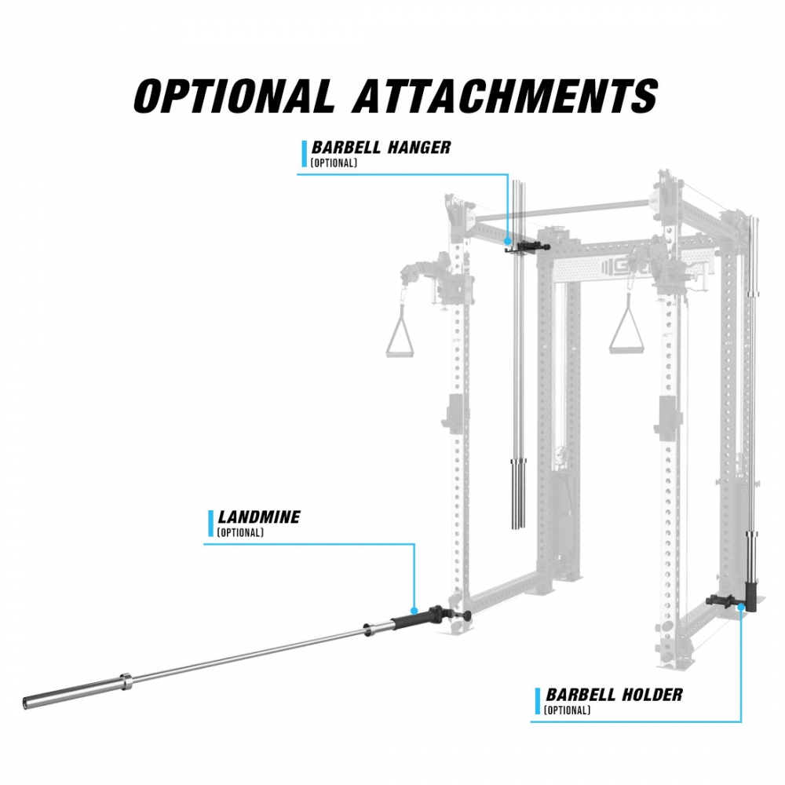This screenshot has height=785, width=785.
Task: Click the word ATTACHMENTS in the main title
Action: [x=505, y=96]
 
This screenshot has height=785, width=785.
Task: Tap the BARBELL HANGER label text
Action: [x=382, y=148]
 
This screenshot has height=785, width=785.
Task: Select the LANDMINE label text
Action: [x=259, y=518]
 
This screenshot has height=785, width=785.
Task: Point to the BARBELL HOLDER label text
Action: [x=614, y=695]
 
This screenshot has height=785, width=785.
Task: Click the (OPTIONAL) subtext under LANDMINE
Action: [x=240, y=533]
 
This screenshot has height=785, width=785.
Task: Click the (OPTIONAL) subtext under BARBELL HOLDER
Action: [x=567, y=710]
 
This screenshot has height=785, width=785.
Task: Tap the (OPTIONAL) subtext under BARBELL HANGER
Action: [x=334, y=163]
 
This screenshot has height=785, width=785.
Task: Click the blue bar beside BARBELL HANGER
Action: [x=304, y=154]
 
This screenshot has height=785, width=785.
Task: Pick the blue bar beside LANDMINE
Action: [x=210, y=524]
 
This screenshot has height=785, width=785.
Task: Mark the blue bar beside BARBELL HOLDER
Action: [x=538, y=701]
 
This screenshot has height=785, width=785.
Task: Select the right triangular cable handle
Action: [x=629, y=331]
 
